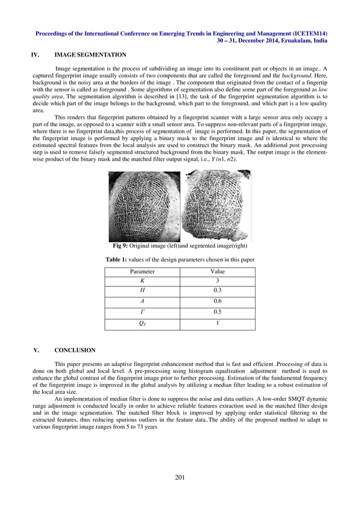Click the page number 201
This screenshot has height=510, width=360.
pyautogui.click(x=180, y=478)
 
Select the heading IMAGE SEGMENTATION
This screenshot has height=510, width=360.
pyautogui.click(x=90, y=55)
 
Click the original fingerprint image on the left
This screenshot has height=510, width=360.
pyautogui.click(x=144, y=206)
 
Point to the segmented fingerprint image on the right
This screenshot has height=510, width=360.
pyautogui.click(x=217, y=206)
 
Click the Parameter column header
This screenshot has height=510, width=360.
pyautogui.click(x=142, y=272)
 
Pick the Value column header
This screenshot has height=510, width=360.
pyautogui.click(x=217, y=272)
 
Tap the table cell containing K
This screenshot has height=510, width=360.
pyautogui.click(x=142, y=281)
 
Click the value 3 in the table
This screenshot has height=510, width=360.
pyautogui.click(x=217, y=281)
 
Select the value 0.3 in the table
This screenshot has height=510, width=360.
pyautogui.click(x=217, y=290)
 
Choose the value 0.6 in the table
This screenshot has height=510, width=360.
pyautogui.click(x=217, y=301)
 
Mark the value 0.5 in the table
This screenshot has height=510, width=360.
pyautogui.click(x=217, y=312)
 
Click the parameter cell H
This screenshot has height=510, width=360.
pyautogui.click(x=142, y=290)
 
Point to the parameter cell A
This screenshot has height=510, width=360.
pyautogui.click(x=142, y=301)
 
